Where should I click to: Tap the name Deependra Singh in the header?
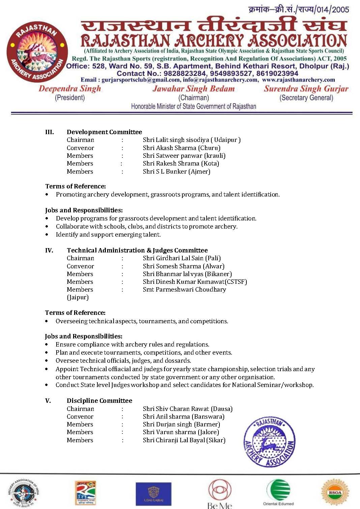[70, 89]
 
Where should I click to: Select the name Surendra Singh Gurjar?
[306, 89]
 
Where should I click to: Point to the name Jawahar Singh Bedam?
[193, 89]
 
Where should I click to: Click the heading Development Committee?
[104, 132]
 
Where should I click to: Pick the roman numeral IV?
[49, 250]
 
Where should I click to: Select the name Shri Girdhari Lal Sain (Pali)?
[182, 258]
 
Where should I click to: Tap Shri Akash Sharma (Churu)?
[181, 148]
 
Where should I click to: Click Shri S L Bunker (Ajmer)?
[176, 171]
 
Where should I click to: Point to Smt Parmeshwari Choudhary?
[184, 289]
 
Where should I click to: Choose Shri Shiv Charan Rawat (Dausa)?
[187, 409]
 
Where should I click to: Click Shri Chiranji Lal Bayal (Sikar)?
[184, 440]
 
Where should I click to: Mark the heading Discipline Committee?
[99, 400]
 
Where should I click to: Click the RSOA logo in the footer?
[335, 492]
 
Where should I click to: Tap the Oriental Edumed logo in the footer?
[278, 492]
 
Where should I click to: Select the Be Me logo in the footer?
[220, 494]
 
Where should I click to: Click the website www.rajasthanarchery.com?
[298, 80]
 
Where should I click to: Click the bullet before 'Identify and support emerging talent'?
[47, 235]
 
